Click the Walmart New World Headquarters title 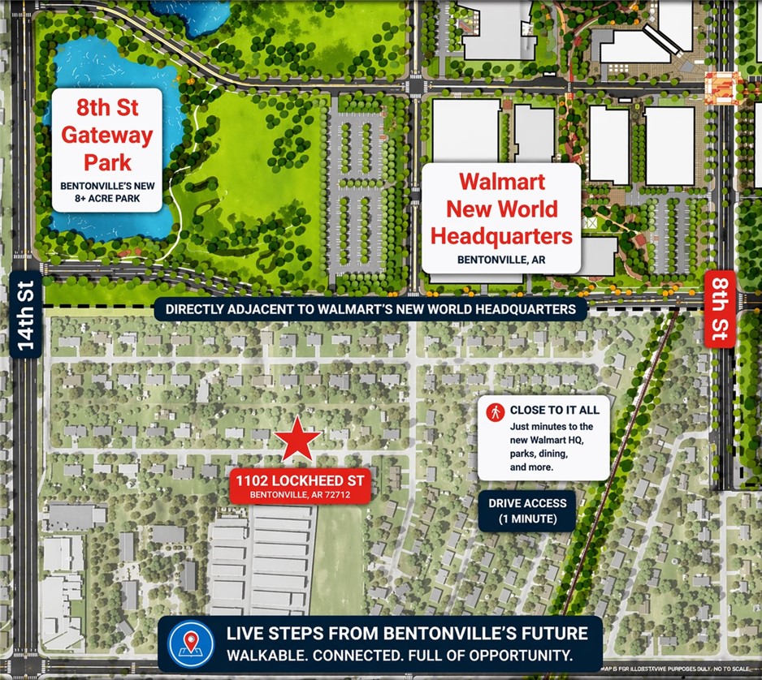[501, 209]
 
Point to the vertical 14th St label [28, 316]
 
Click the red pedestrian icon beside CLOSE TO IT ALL [494, 411]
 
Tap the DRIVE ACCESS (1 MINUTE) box [527, 511]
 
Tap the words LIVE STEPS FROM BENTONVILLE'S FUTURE [395, 633]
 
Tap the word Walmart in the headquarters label [501, 181]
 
